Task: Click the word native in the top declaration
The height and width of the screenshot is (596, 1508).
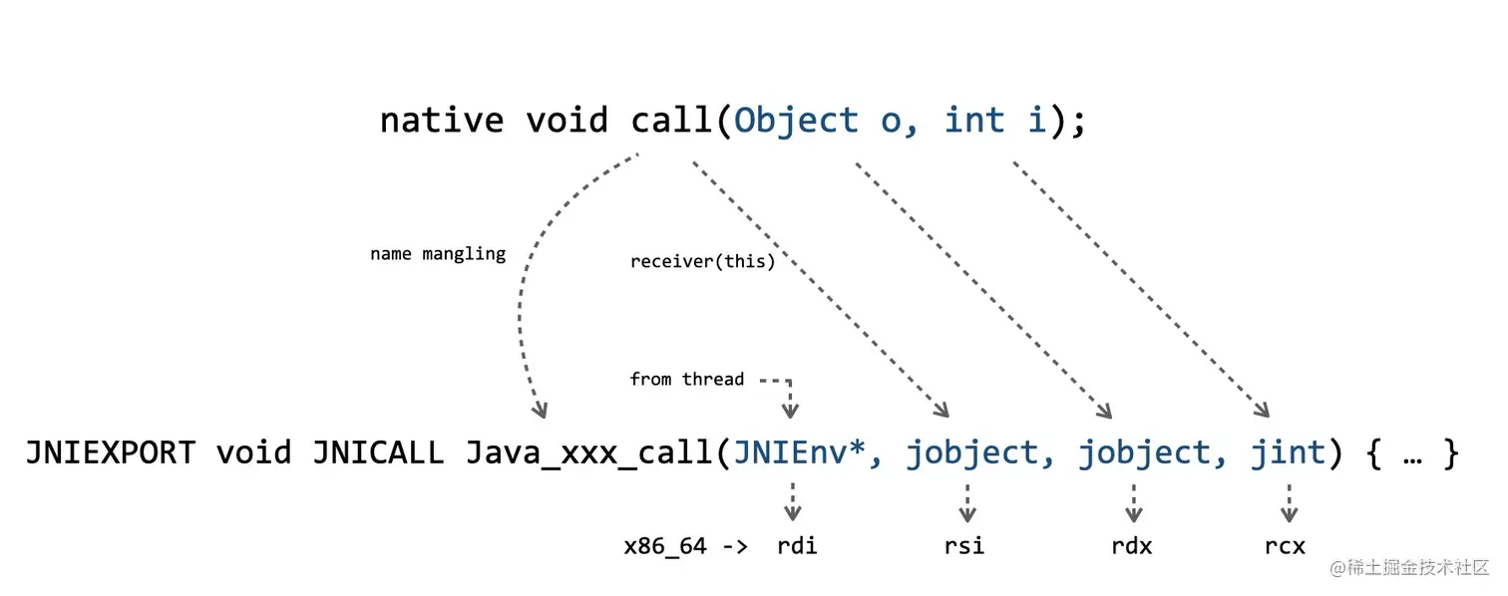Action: pos(442,121)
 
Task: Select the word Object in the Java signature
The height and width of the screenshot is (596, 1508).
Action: pos(796,121)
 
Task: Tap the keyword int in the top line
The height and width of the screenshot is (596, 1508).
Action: pos(974,121)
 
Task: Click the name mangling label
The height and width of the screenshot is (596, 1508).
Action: pos(438,254)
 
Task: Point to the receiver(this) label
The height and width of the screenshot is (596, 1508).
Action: pos(702,262)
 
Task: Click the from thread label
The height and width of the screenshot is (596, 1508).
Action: pos(687,379)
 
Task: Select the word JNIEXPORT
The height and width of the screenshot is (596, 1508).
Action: pos(110,453)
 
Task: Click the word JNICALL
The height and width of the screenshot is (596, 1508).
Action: pos(378,453)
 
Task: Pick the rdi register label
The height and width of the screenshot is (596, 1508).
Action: pos(797,546)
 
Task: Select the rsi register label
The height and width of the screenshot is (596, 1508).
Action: pos(964,546)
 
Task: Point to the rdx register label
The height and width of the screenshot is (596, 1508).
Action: pos(1132,546)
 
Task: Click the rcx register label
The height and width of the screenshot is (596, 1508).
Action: pos(1285,546)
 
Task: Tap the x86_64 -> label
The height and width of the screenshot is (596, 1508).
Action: pos(685,546)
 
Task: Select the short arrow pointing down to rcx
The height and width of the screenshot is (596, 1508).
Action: pos(1289,502)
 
